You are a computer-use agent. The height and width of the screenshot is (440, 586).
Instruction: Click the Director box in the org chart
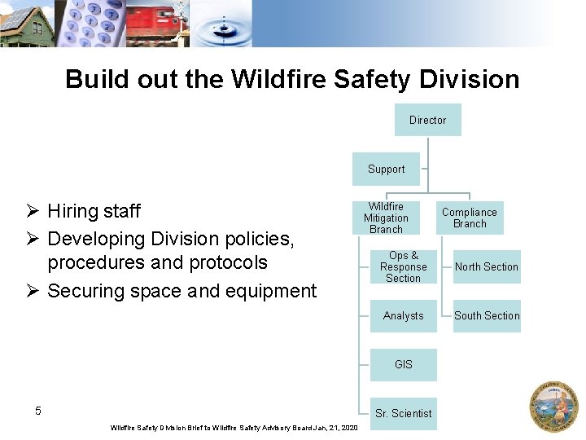[x=427, y=120]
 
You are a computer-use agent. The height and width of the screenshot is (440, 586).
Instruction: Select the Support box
[x=386, y=169]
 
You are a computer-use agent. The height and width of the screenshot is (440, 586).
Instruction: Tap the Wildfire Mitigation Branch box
[x=386, y=218]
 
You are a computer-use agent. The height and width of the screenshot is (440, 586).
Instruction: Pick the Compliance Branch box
[x=470, y=218]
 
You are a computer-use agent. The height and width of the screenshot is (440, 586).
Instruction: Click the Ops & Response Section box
[x=403, y=266]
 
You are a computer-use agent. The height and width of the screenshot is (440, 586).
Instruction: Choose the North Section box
[x=487, y=266]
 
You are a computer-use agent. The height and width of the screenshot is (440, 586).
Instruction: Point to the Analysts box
[x=403, y=315]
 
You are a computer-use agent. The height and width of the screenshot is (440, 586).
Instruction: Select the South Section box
[x=487, y=315]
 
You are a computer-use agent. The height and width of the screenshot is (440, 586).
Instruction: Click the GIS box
[x=403, y=364]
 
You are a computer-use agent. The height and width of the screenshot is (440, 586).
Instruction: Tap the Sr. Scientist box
[x=403, y=413]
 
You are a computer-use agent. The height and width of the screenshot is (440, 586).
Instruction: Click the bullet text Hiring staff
[x=94, y=211]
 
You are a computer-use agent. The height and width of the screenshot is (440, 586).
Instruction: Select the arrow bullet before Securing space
[x=33, y=291]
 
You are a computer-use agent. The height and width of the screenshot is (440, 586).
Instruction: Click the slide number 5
[x=38, y=411]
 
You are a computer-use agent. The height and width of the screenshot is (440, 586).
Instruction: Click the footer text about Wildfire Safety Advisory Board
[x=234, y=428]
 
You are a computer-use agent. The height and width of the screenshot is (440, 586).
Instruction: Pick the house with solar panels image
[x=27, y=24]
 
